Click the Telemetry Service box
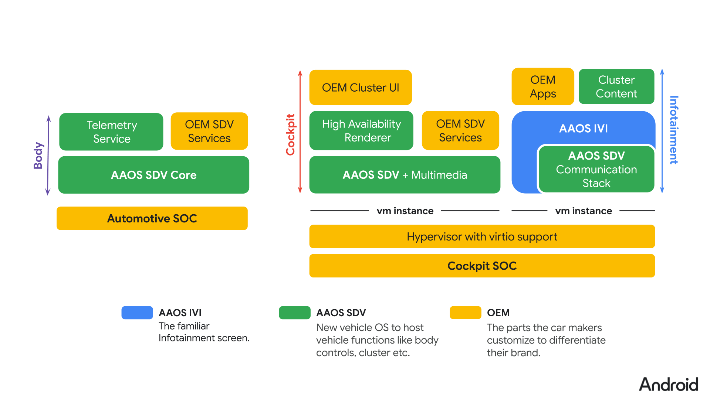(111, 132)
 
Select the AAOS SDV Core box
(153, 175)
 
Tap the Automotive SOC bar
(152, 218)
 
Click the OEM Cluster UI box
(360, 88)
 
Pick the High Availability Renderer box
(361, 130)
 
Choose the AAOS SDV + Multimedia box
(405, 175)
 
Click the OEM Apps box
(542, 86)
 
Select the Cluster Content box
(616, 86)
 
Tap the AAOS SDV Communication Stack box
(596, 169)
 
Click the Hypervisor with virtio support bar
(482, 236)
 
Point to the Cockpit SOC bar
(482, 266)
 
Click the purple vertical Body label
(38, 155)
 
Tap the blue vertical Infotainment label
(674, 130)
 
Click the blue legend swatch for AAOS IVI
(137, 313)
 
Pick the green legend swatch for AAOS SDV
(295, 313)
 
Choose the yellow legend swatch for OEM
(465, 313)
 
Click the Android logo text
(669, 385)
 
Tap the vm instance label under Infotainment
(583, 211)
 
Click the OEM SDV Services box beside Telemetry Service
(209, 131)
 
